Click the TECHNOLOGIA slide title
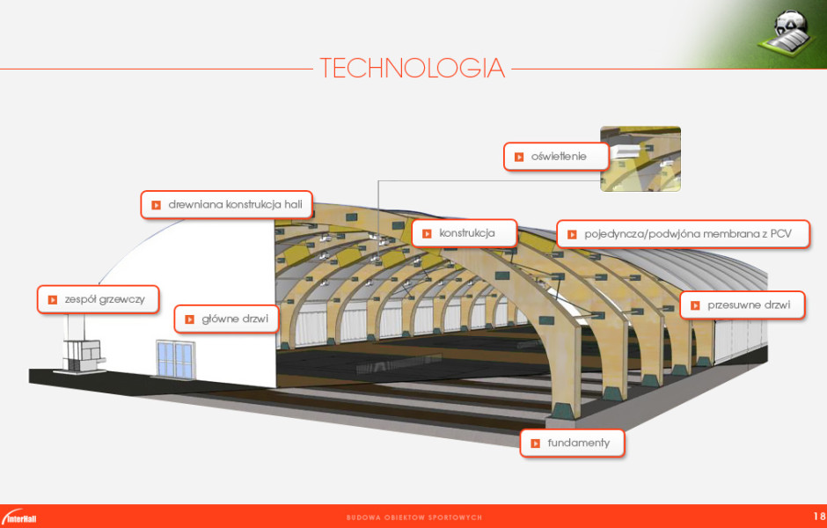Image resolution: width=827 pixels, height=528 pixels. [x=412, y=68]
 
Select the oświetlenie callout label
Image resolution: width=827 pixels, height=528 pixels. [x=556, y=156]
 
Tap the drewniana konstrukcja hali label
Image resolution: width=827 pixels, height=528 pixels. [x=227, y=205]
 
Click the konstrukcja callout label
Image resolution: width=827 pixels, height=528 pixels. [x=465, y=233]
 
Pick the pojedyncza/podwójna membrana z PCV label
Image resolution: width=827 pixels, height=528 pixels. [x=683, y=234]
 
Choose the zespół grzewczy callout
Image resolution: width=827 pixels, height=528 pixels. [x=99, y=299]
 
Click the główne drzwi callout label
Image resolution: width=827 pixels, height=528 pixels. [x=226, y=319]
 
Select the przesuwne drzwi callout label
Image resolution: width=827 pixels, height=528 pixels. [x=742, y=304]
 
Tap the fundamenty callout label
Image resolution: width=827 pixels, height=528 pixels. [x=572, y=443]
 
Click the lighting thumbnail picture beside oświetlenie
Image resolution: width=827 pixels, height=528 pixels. [x=640, y=158]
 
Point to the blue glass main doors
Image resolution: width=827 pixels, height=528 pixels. [x=176, y=359]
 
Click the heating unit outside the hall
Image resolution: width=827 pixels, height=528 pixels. [x=81, y=356]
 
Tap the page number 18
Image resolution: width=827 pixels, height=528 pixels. [x=819, y=516]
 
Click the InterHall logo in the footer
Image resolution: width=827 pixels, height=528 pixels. [x=19, y=517]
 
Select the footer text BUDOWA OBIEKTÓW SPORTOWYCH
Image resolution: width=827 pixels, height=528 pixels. [x=414, y=517]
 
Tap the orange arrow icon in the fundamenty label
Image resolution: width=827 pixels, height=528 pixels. [x=535, y=444]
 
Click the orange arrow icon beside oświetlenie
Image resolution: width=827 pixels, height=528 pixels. [x=519, y=157]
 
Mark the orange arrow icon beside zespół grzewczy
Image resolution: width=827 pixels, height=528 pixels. [x=53, y=300]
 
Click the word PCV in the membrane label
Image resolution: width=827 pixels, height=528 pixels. [x=781, y=234]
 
